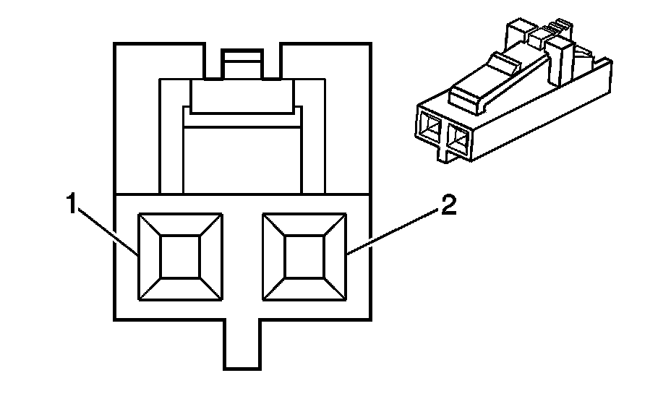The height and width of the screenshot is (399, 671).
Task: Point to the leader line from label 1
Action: coord(107,231)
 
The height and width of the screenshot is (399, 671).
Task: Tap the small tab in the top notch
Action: coord(242,64)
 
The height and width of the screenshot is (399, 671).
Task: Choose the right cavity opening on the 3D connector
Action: coord(457,139)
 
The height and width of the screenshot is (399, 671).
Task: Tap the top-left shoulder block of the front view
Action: coord(159,61)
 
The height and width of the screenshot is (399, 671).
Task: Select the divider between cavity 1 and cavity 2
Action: coord(242,257)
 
